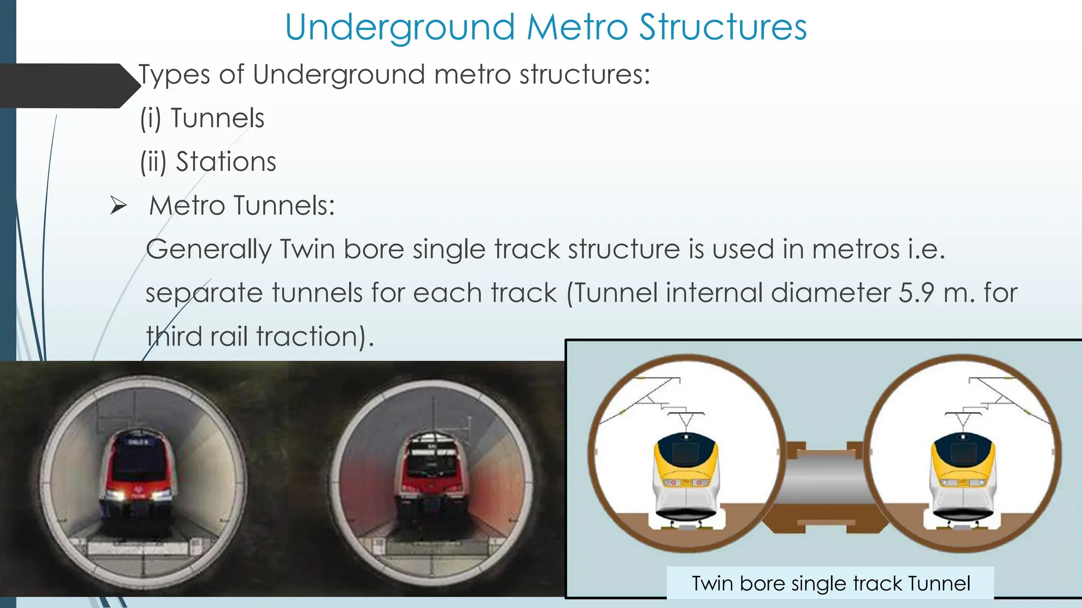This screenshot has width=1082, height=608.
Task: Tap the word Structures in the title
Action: (x=723, y=27)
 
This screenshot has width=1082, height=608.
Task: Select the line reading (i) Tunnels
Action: (x=202, y=118)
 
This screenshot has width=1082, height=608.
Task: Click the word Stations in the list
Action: (x=226, y=162)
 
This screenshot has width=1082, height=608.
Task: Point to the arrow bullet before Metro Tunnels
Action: (x=118, y=205)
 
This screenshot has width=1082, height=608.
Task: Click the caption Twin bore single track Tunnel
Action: (x=831, y=584)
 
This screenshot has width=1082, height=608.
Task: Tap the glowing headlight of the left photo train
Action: (x=117, y=495)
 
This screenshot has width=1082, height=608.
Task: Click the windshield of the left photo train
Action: (x=138, y=459)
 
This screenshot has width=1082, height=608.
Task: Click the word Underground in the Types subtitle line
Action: (x=338, y=74)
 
